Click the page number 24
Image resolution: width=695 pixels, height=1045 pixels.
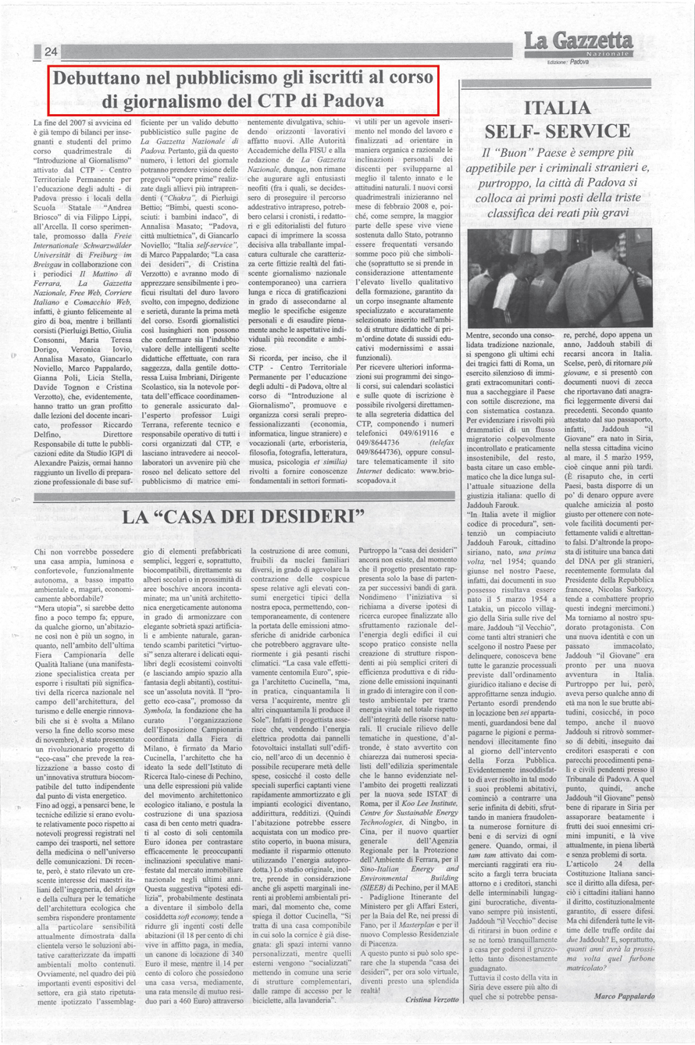click(52, 52)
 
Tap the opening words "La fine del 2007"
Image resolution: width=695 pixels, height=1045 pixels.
click(69, 123)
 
